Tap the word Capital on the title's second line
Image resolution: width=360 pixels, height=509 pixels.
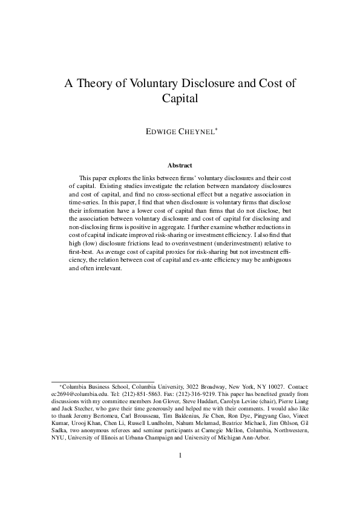pyautogui.click(x=180, y=99)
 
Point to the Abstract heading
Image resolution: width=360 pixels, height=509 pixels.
pyautogui.click(x=180, y=164)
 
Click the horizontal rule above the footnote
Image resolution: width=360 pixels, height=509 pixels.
pyautogui.click(x=102, y=380)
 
